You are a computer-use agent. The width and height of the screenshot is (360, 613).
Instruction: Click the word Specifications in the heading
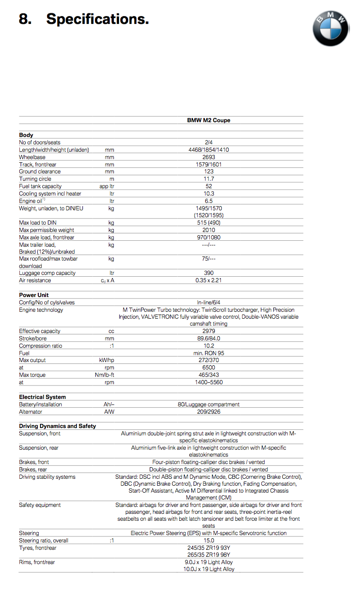(x=97, y=19)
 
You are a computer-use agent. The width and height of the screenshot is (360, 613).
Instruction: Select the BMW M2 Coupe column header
(x=208, y=120)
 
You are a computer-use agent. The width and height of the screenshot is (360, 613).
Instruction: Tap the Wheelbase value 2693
(x=208, y=157)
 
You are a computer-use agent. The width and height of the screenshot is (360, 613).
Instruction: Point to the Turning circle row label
(x=35, y=179)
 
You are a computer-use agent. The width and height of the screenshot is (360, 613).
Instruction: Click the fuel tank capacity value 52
(x=208, y=186)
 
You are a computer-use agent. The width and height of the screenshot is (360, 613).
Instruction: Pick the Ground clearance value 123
(x=208, y=172)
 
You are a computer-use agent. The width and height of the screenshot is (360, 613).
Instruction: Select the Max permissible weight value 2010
(x=208, y=230)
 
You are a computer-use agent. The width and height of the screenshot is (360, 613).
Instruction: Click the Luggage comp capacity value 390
(x=208, y=273)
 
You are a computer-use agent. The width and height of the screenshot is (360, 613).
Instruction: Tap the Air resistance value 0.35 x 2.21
(x=208, y=280)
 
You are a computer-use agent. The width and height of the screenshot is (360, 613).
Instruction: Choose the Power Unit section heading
(x=34, y=295)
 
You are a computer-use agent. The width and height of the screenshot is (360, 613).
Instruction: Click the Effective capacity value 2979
(x=208, y=331)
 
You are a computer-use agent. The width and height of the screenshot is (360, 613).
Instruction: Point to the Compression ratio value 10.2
(x=208, y=346)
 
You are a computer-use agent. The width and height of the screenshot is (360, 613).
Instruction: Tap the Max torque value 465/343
(x=208, y=375)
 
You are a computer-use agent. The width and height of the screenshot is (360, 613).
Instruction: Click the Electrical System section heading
(x=42, y=397)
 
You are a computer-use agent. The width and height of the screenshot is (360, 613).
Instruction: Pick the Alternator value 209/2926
(x=208, y=412)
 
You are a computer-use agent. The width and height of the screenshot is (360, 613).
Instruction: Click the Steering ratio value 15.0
(x=208, y=541)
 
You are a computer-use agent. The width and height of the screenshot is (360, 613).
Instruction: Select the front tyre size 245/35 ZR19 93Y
(x=208, y=548)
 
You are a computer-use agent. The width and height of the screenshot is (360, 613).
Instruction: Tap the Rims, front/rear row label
(x=37, y=562)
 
